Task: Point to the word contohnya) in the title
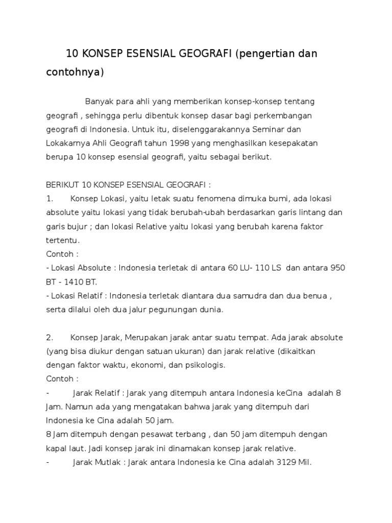[x=75, y=72]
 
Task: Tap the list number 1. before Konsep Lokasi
[x=50, y=198]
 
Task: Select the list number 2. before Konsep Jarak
[x=50, y=338]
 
